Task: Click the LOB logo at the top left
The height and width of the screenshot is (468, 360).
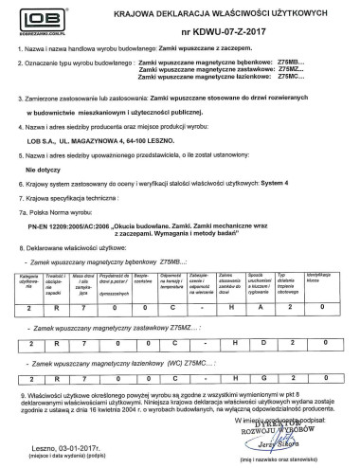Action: pyautogui.click(x=34, y=20)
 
